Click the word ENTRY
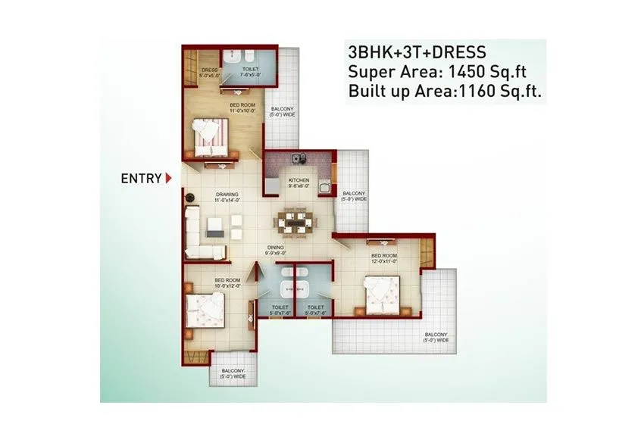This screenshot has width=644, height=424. click(141, 179)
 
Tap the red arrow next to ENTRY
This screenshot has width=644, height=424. click(168, 179)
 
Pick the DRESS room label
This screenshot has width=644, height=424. click(209, 73)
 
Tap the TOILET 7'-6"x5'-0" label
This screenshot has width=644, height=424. click(249, 72)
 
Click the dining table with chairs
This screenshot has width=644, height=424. click(295, 222)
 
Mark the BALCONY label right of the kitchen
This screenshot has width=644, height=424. click(354, 196)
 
